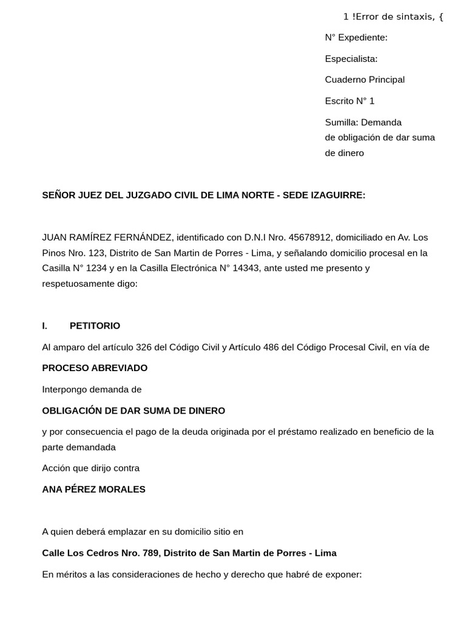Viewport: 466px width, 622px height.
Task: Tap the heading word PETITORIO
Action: [95, 326]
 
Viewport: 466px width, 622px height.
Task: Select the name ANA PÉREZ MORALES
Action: [93, 489]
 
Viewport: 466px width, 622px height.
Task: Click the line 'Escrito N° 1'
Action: [349, 101]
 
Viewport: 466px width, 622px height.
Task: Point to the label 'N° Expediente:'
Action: [356, 38]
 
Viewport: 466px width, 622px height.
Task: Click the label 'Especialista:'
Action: [351, 59]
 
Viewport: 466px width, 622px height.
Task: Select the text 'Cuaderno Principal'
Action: [365, 80]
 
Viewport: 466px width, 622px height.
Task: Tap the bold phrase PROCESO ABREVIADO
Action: [95, 368]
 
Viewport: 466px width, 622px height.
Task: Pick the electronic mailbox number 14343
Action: [247, 268]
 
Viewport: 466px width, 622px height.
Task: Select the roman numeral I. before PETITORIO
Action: [45, 326]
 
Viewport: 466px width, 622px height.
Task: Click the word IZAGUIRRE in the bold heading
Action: [337, 195]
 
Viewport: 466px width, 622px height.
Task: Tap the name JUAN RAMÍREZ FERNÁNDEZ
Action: [107, 237]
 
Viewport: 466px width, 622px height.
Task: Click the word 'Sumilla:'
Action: [342, 122]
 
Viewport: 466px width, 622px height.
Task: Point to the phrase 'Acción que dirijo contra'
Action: [90, 468]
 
